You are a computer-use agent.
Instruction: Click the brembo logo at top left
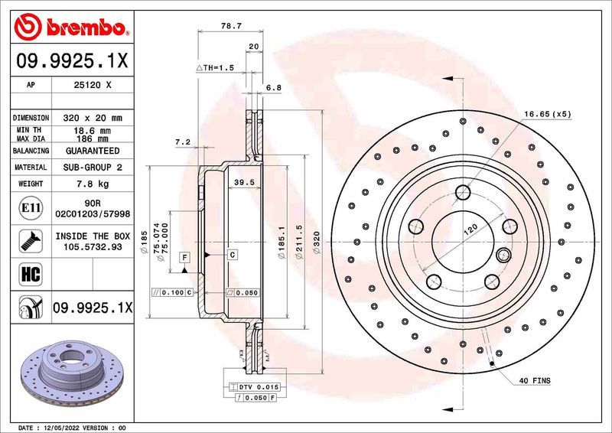70,28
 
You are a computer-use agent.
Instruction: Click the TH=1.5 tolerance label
214,68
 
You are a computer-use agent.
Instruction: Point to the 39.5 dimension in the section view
243,182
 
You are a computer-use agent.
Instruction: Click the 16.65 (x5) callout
547,114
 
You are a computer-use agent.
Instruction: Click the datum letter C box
232,253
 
